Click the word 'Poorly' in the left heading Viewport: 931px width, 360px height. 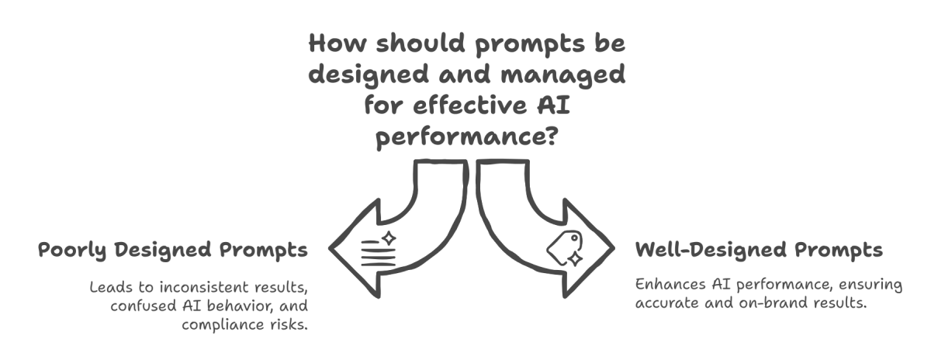[72, 251]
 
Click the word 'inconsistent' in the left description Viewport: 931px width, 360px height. [204, 287]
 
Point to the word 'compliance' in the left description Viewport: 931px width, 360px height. [220, 324]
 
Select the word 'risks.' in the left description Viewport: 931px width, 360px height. [287, 324]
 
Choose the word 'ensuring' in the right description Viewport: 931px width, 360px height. [873, 285]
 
